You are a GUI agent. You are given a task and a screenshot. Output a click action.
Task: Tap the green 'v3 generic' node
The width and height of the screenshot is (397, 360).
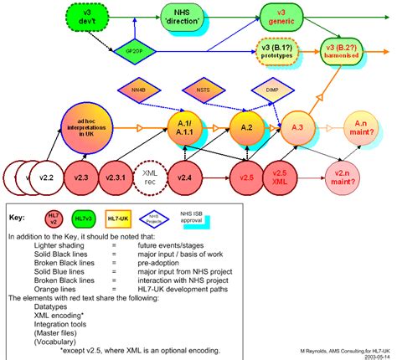pyautogui.click(x=295, y=13)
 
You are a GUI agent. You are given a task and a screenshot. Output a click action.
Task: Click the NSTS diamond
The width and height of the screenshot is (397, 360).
pyautogui.click(x=203, y=90)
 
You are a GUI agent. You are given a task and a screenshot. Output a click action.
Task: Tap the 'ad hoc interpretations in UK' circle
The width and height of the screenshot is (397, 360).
pyautogui.click(x=82, y=130)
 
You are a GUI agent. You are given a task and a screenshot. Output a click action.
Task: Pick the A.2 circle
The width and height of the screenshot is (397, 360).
pyautogui.click(x=247, y=127)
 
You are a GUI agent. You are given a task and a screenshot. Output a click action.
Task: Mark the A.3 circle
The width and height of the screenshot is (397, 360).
pyautogui.click(x=298, y=127)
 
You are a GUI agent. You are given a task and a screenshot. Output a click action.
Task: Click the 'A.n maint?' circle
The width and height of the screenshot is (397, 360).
pyautogui.click(x=365, y=127)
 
